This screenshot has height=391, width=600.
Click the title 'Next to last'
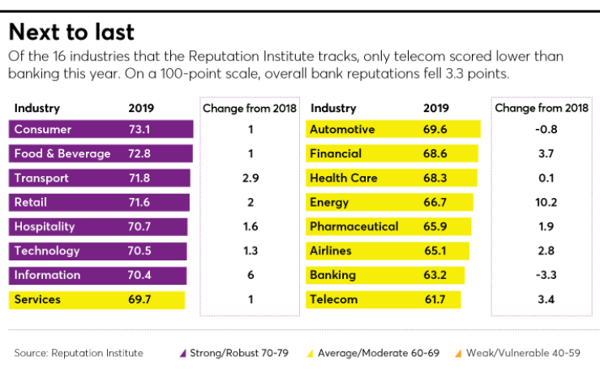(x=71, y=32)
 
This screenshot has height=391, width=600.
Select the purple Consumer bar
(x=101, y=130)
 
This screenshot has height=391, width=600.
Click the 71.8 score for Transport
(x=142, y=178)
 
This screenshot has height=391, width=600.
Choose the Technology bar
(x=97, y=251)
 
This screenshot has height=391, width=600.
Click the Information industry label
(x=47, y=275)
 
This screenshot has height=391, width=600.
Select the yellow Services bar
(x=96, y=300)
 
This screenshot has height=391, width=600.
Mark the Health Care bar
(x=392, y=178)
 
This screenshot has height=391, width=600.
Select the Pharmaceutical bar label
(x=354, y=227)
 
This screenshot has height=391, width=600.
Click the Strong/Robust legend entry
(x=224, y=354)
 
